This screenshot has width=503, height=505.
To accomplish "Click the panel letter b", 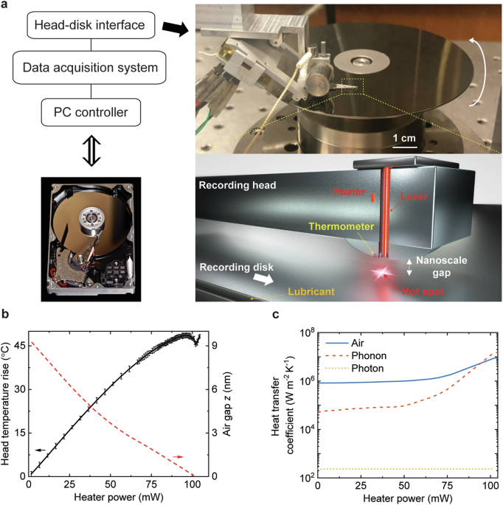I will pos(7,316).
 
